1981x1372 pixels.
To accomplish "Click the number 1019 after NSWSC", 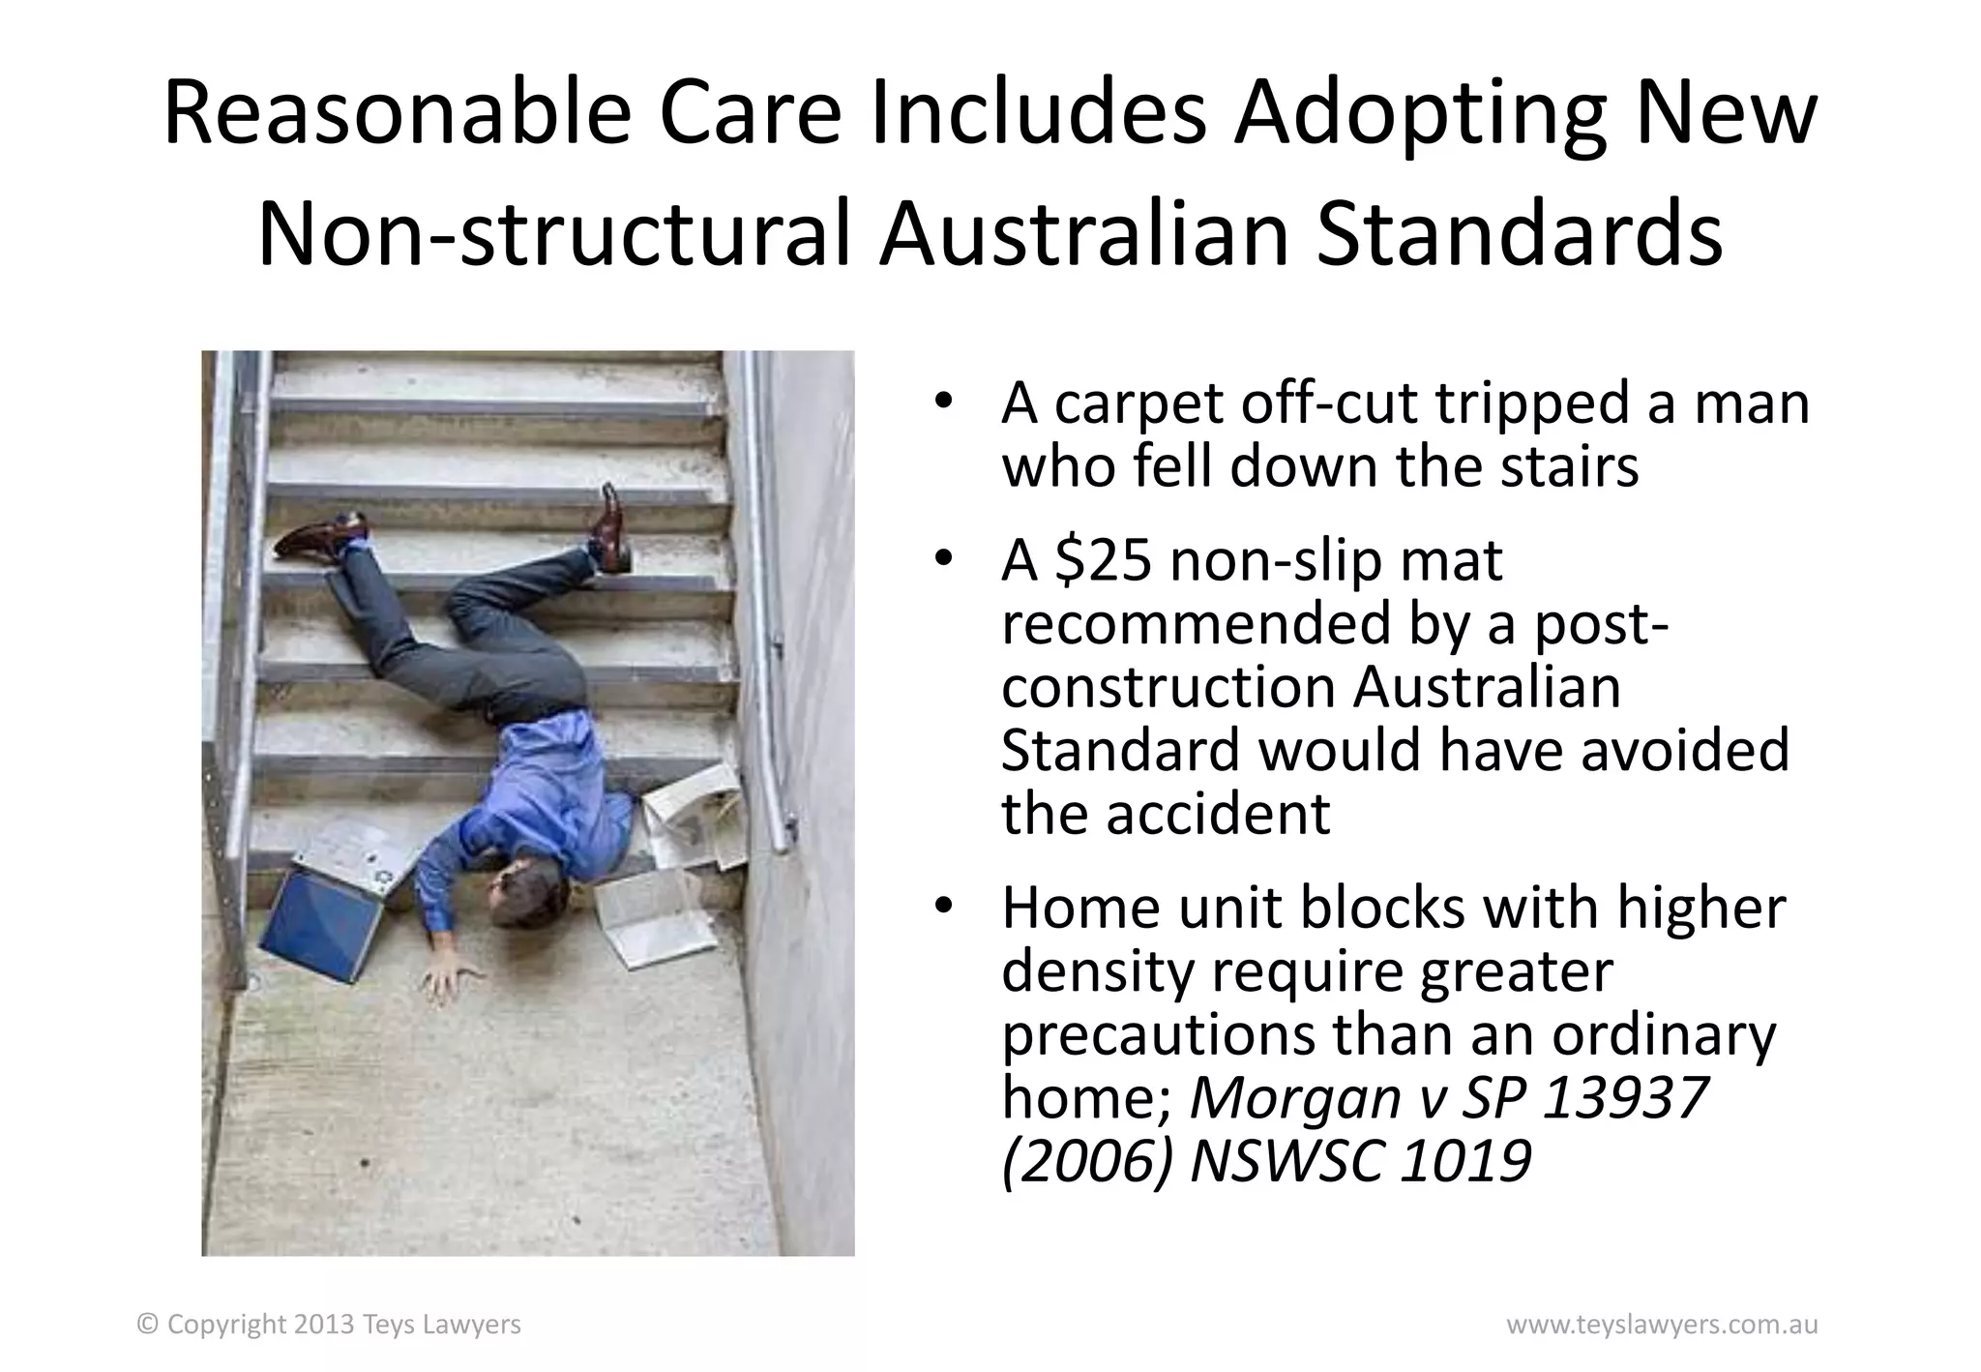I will pyautogui.click(x=1465, y=1160).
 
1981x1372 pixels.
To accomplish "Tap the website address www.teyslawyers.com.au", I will pyautogui.click(x=1662, y=1325).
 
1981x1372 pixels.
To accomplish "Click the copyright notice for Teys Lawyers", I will pyautogui.click(x=330, y=1325).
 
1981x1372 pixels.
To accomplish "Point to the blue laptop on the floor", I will pyautogui.click(x=319, y=919).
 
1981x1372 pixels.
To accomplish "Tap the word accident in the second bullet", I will pyautogui.click(x=1218, y=814).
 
